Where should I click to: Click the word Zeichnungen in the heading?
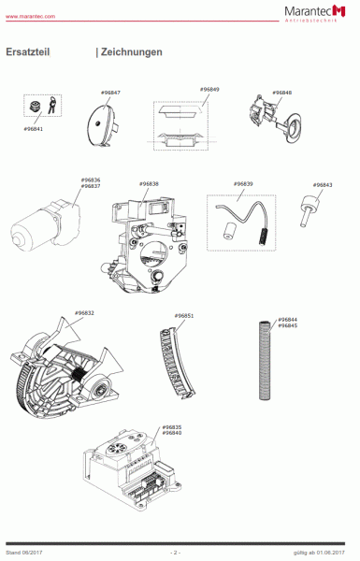point(132,52)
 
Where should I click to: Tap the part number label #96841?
point(33,128)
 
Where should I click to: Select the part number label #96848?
point(282,93)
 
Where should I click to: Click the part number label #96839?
point(243,184)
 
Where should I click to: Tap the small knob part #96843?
point(305,209)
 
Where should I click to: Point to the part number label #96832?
point(84,312)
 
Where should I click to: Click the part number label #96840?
point(172,433)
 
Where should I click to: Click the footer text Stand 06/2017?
point(24,553)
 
